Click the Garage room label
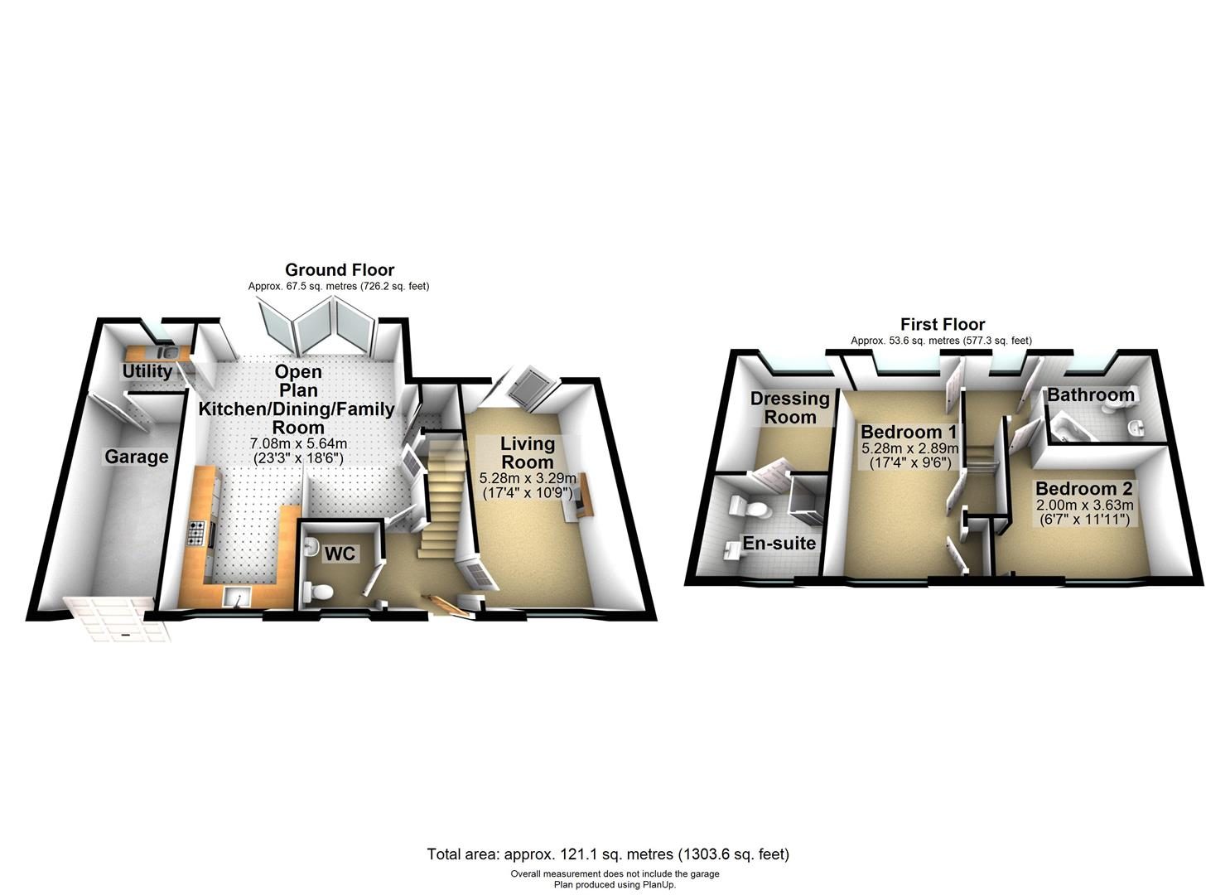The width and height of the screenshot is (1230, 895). [x=136, y=457]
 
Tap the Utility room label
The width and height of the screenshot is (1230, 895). [x=147, y=371]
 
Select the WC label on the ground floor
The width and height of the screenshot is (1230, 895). [x=340, y=554]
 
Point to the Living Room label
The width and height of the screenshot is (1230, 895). [x=527, y=452]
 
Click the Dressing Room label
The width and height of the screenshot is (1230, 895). [x=789, y=408]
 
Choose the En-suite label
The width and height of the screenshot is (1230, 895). [x=779, y=544]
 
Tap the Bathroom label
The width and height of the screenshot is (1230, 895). [x=1091, y=394]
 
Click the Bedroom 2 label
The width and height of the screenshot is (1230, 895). [x=1084, y=488]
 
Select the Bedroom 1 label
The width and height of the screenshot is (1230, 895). [x=909, y=432]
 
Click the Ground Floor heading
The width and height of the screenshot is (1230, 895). [x=340, y=270]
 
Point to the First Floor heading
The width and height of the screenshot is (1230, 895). [x=943, y=324]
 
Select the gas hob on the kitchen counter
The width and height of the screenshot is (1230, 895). [x=196, y=533]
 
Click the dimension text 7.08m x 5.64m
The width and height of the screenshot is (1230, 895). [x=298, y=443]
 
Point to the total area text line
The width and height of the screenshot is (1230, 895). [x=608, y=854]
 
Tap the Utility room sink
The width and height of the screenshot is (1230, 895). [x=167, y=351]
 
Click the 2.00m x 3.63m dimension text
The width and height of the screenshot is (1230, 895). [x=1085, y=505]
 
